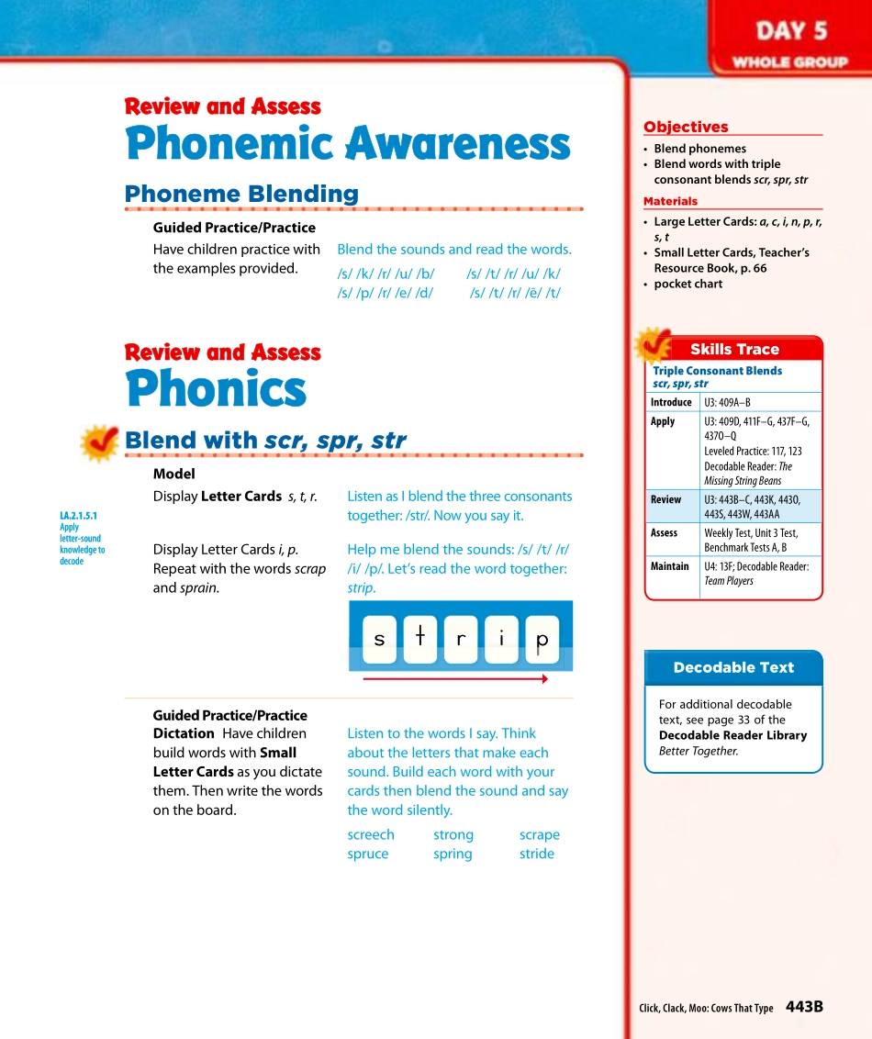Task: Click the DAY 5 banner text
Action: click(790, 31)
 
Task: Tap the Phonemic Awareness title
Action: click(347, 145)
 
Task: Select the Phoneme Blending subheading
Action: click(241, 194)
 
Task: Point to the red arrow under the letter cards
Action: click(455, 679)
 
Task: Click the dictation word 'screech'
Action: click(371, 834)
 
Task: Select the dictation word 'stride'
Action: click(537, 854)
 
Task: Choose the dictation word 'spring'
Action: click(453, 854)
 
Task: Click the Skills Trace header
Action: click(734, 349)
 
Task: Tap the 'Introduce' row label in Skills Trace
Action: click(671, 402)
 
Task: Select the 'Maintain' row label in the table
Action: click(669, 566)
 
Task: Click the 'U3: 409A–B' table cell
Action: click(727, 402)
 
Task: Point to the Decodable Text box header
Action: click(733, 667)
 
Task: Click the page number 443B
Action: click(804, 1007)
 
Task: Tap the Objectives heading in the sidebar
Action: click(686, 127)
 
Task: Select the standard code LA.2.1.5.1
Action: click(78, 516)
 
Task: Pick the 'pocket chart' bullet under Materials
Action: click(688, 284)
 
